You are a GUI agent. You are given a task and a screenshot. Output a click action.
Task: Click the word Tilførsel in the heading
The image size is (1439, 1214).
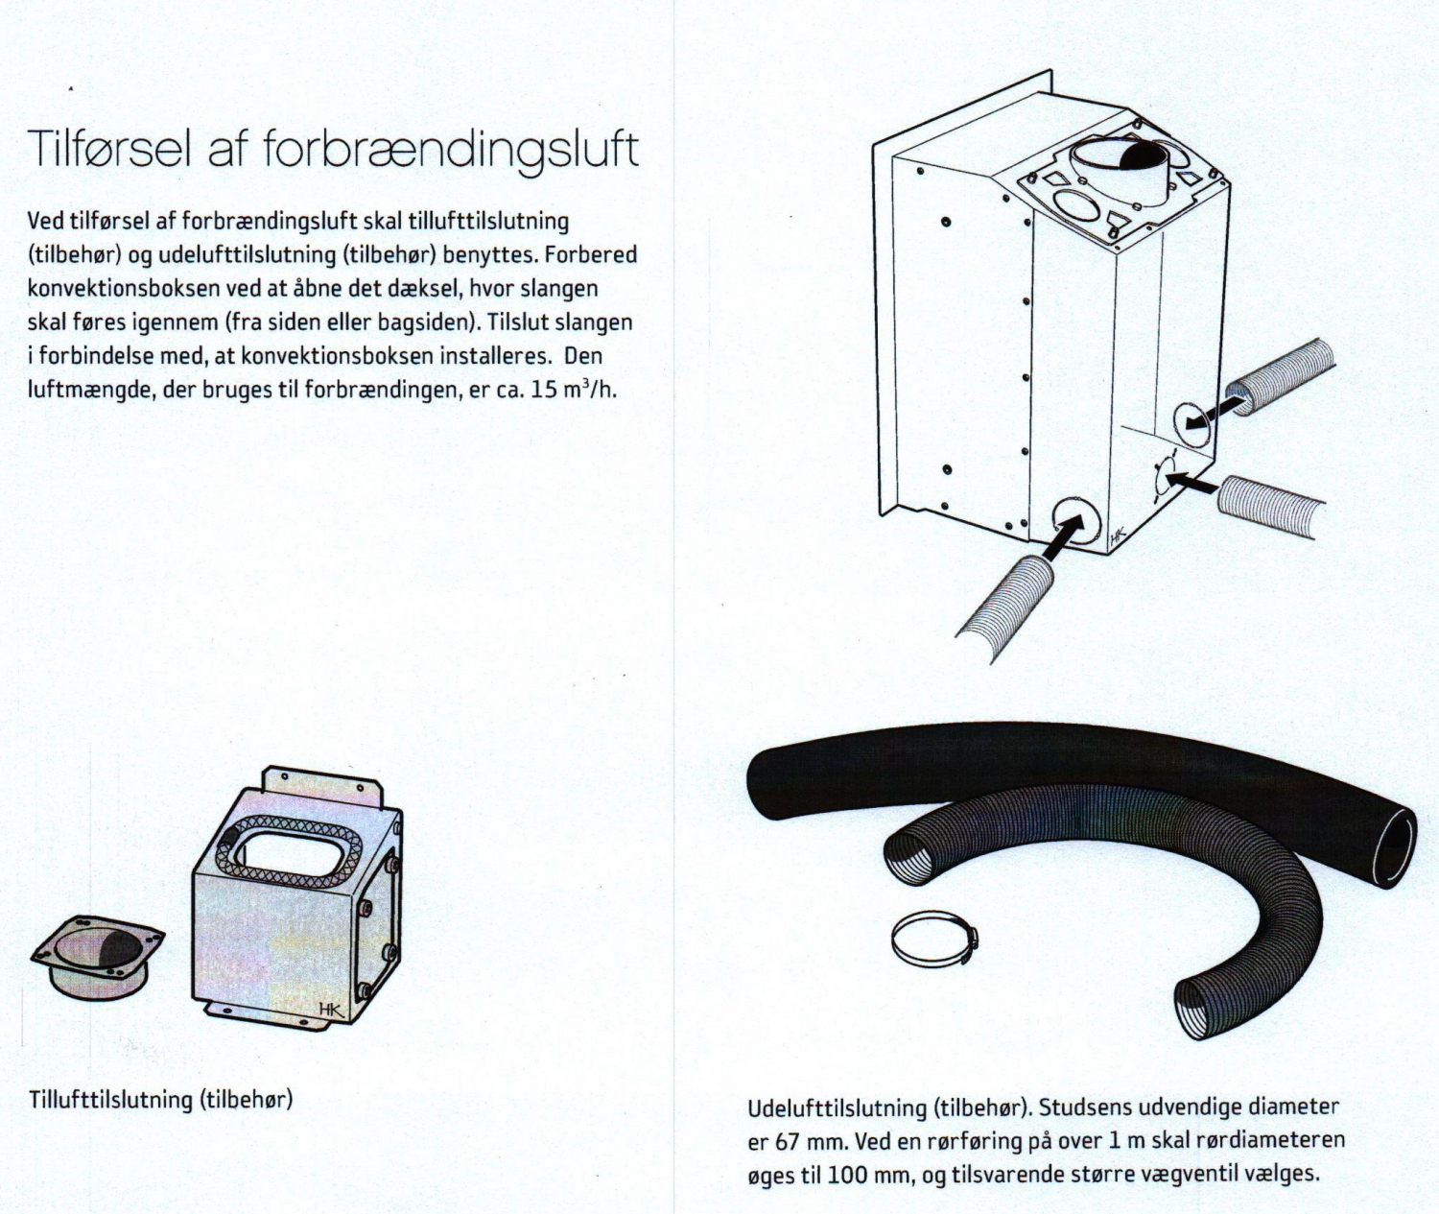pos(109,149)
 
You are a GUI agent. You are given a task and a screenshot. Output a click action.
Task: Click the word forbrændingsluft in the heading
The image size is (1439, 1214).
pos(450,151)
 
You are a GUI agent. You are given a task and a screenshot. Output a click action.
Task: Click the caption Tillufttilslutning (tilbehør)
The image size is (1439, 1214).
pos(160,1099)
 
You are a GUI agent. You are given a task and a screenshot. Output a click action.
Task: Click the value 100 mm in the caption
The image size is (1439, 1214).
pos(862,1175)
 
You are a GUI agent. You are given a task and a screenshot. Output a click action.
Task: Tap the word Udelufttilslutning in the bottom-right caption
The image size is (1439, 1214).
pos(837,1107)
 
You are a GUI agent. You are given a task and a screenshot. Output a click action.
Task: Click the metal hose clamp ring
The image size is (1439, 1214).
pos(933,940)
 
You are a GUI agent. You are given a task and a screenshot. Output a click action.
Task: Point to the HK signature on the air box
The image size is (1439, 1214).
pos(331,1009)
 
